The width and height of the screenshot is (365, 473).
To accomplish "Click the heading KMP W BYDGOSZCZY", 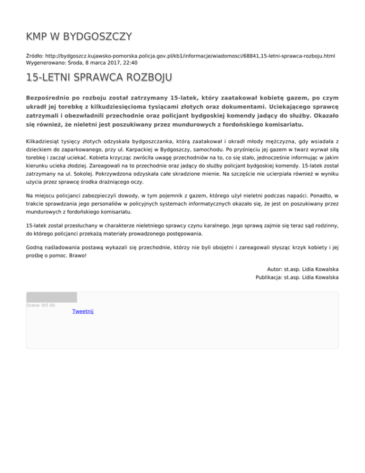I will pos(79,37).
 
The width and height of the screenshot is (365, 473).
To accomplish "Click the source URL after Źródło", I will pos(190,56).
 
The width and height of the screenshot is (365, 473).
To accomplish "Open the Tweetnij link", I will pos(83,311).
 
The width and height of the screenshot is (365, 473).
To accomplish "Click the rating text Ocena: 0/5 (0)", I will pos(41,305).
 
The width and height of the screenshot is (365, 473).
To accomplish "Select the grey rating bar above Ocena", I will pos(51,297).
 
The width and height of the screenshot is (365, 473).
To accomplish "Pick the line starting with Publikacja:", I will pos(297,277).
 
